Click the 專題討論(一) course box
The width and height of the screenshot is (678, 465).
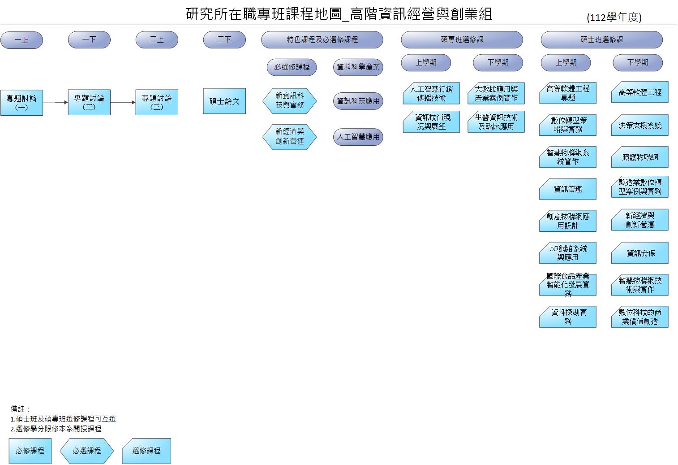21,103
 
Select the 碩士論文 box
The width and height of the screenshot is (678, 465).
224,101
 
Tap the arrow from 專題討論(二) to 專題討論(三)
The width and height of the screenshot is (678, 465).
123,102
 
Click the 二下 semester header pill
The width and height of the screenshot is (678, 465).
224,40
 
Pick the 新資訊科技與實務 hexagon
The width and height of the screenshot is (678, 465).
289,100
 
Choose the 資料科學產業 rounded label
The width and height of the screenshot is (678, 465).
358,67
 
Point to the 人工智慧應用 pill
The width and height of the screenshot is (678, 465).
358,137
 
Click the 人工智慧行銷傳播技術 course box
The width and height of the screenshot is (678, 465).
431,93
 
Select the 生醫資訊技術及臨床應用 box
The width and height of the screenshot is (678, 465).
496,122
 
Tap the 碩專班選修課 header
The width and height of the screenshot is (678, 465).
462,40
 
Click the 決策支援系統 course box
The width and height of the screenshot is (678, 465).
639,125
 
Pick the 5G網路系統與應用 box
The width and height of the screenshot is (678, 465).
567,253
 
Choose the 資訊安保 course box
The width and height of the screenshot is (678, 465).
639,253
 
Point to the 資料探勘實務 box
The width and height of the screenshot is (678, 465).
567,317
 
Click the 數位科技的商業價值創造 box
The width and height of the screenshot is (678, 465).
639,317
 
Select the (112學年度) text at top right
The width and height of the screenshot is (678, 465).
614,17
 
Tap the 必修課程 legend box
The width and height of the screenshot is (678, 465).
30,451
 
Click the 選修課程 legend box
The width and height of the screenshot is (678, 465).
146,451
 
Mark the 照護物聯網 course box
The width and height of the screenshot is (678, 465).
639,157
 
